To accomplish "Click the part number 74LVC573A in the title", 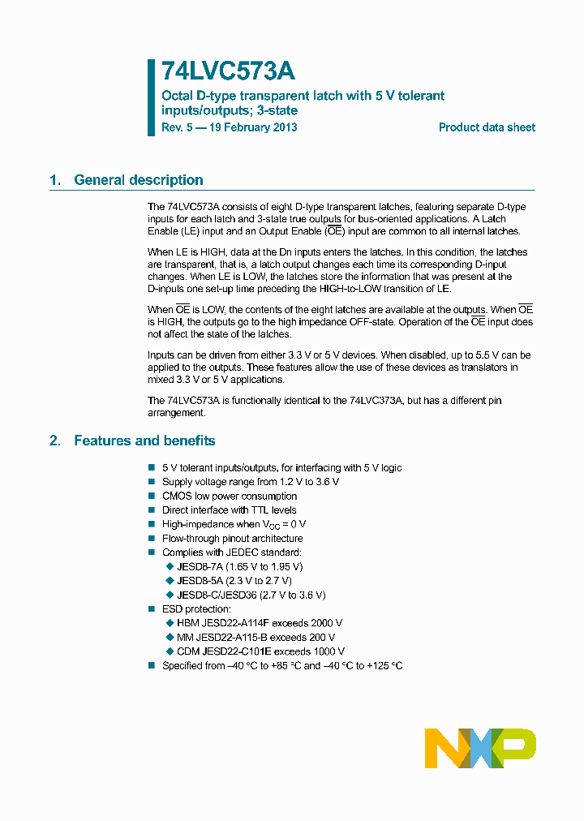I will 229,72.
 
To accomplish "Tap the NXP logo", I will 480,748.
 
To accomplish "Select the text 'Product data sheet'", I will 487,127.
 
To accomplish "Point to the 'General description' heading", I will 138,180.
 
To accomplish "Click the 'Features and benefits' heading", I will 144,441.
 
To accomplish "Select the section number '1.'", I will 55,180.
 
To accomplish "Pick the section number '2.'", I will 55,441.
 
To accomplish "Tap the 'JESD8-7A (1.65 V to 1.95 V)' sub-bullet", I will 239,566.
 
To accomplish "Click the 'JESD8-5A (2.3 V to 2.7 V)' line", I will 234,581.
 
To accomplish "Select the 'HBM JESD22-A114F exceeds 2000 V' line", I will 253,623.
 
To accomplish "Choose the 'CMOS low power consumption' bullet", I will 230,496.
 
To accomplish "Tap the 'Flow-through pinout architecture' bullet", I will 233,539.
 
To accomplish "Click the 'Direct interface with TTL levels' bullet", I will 230,510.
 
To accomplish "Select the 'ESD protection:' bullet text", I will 196,609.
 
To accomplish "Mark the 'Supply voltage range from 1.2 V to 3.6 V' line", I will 251,482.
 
